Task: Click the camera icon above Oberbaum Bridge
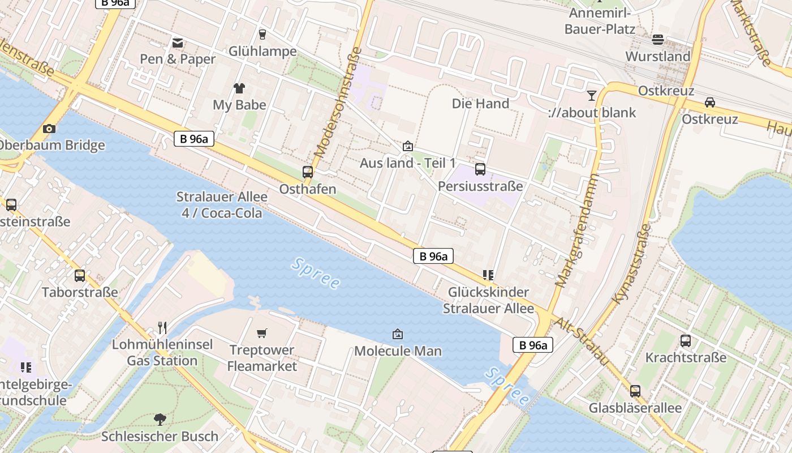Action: tap(49, 129)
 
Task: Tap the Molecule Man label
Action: tap(398, 351)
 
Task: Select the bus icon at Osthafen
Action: tap(308, 172)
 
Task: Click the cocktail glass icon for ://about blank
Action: tap(592, 96)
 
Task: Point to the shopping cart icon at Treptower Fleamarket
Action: tap(261, 333)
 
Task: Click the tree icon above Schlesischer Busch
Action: tap(160, 420)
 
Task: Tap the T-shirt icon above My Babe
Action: tap(239, 88)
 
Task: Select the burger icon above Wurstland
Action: tap(657, 40)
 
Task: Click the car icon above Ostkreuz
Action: tap(709, 102)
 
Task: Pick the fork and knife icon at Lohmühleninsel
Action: tap(162, 327)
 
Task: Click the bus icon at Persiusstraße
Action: tap(480, 169)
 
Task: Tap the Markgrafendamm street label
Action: tap(577, 229)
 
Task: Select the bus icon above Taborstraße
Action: tap(80, 276)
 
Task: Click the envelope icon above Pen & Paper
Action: tap(178, 42)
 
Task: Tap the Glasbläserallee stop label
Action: tap(635, 408)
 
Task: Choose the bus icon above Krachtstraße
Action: tap(686, 341)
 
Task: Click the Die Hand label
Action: tap(480, 103)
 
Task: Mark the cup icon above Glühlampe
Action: tap(262, 35)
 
